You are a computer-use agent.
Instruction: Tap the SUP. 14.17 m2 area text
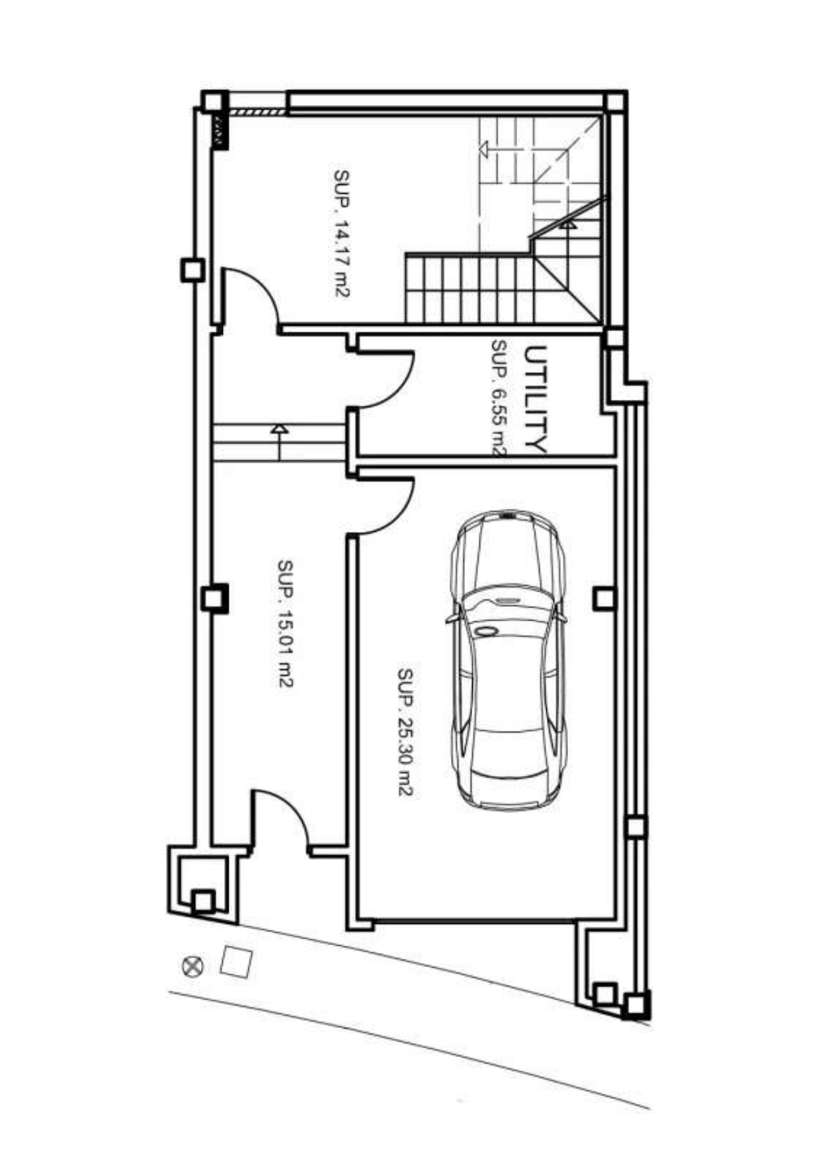pyautogui.click(x=341, y=233)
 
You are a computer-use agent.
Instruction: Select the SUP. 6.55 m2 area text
pyautogui.click(x=498, y=399)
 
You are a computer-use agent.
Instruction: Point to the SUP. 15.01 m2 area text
pyautogui.click(x=285, y=624)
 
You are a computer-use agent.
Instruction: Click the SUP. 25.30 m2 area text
pyautogui.click(x=405, y=732)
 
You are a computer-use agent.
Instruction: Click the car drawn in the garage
pyautogui.click(x=508, y=659)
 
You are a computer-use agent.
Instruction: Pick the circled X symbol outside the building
pyautogui.click(x=192, y=966)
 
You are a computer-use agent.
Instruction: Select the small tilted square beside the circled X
pyautogui.click(x=235, y=962)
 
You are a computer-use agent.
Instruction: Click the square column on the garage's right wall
pyautogui.click(x=604, y=599)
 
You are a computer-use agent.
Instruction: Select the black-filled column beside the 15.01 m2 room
pyautogui.click(x=214, y=599)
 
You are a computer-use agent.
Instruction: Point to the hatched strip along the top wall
pyautogui.click(x=257, y=112)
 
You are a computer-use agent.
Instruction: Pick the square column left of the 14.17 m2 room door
pyautogui.click(x=193, y=270)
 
